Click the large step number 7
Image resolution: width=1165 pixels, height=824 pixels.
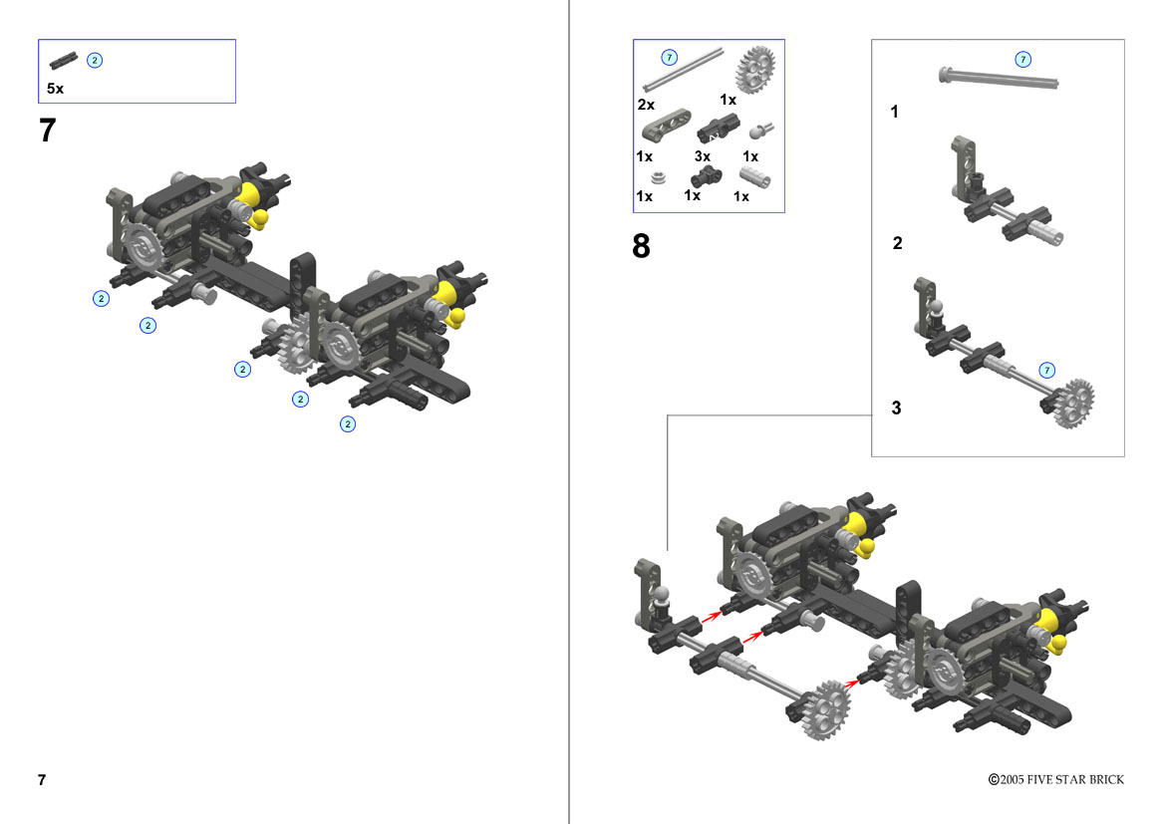[48, 131]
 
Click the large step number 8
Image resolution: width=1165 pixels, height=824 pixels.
[641, 246]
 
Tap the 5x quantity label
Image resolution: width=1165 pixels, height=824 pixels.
[55, 89]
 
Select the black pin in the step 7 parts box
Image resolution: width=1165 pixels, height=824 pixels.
[63, 60]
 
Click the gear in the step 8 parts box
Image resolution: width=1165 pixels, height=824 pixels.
[754, 69]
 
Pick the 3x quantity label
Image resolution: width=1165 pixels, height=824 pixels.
[703, 156]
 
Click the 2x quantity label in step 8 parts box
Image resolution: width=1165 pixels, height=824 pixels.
[646, 105]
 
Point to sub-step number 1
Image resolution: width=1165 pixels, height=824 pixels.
[895, 112]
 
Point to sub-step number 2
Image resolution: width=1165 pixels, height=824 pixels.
[898, 243]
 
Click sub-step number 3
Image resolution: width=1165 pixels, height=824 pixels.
[896, 408]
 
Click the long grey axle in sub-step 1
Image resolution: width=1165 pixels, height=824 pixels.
[998, 78]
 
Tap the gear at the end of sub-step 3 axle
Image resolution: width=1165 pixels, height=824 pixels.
[1073, 403]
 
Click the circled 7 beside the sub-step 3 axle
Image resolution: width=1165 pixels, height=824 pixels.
[1046, 370]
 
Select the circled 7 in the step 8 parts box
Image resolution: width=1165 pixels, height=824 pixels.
[670, 57]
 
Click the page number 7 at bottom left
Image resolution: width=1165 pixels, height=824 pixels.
[42, 779]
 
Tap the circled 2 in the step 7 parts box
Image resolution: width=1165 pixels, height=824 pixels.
[95, 60]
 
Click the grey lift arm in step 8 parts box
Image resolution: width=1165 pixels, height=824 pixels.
[667, 125]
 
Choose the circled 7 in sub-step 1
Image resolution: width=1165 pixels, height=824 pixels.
[1023, 60]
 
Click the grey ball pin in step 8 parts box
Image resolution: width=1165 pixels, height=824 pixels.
[760, 132]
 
